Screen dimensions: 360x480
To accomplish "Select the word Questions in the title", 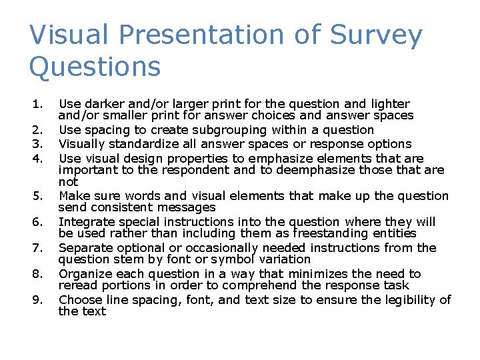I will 95,67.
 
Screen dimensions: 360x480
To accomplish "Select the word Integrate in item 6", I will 85,221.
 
